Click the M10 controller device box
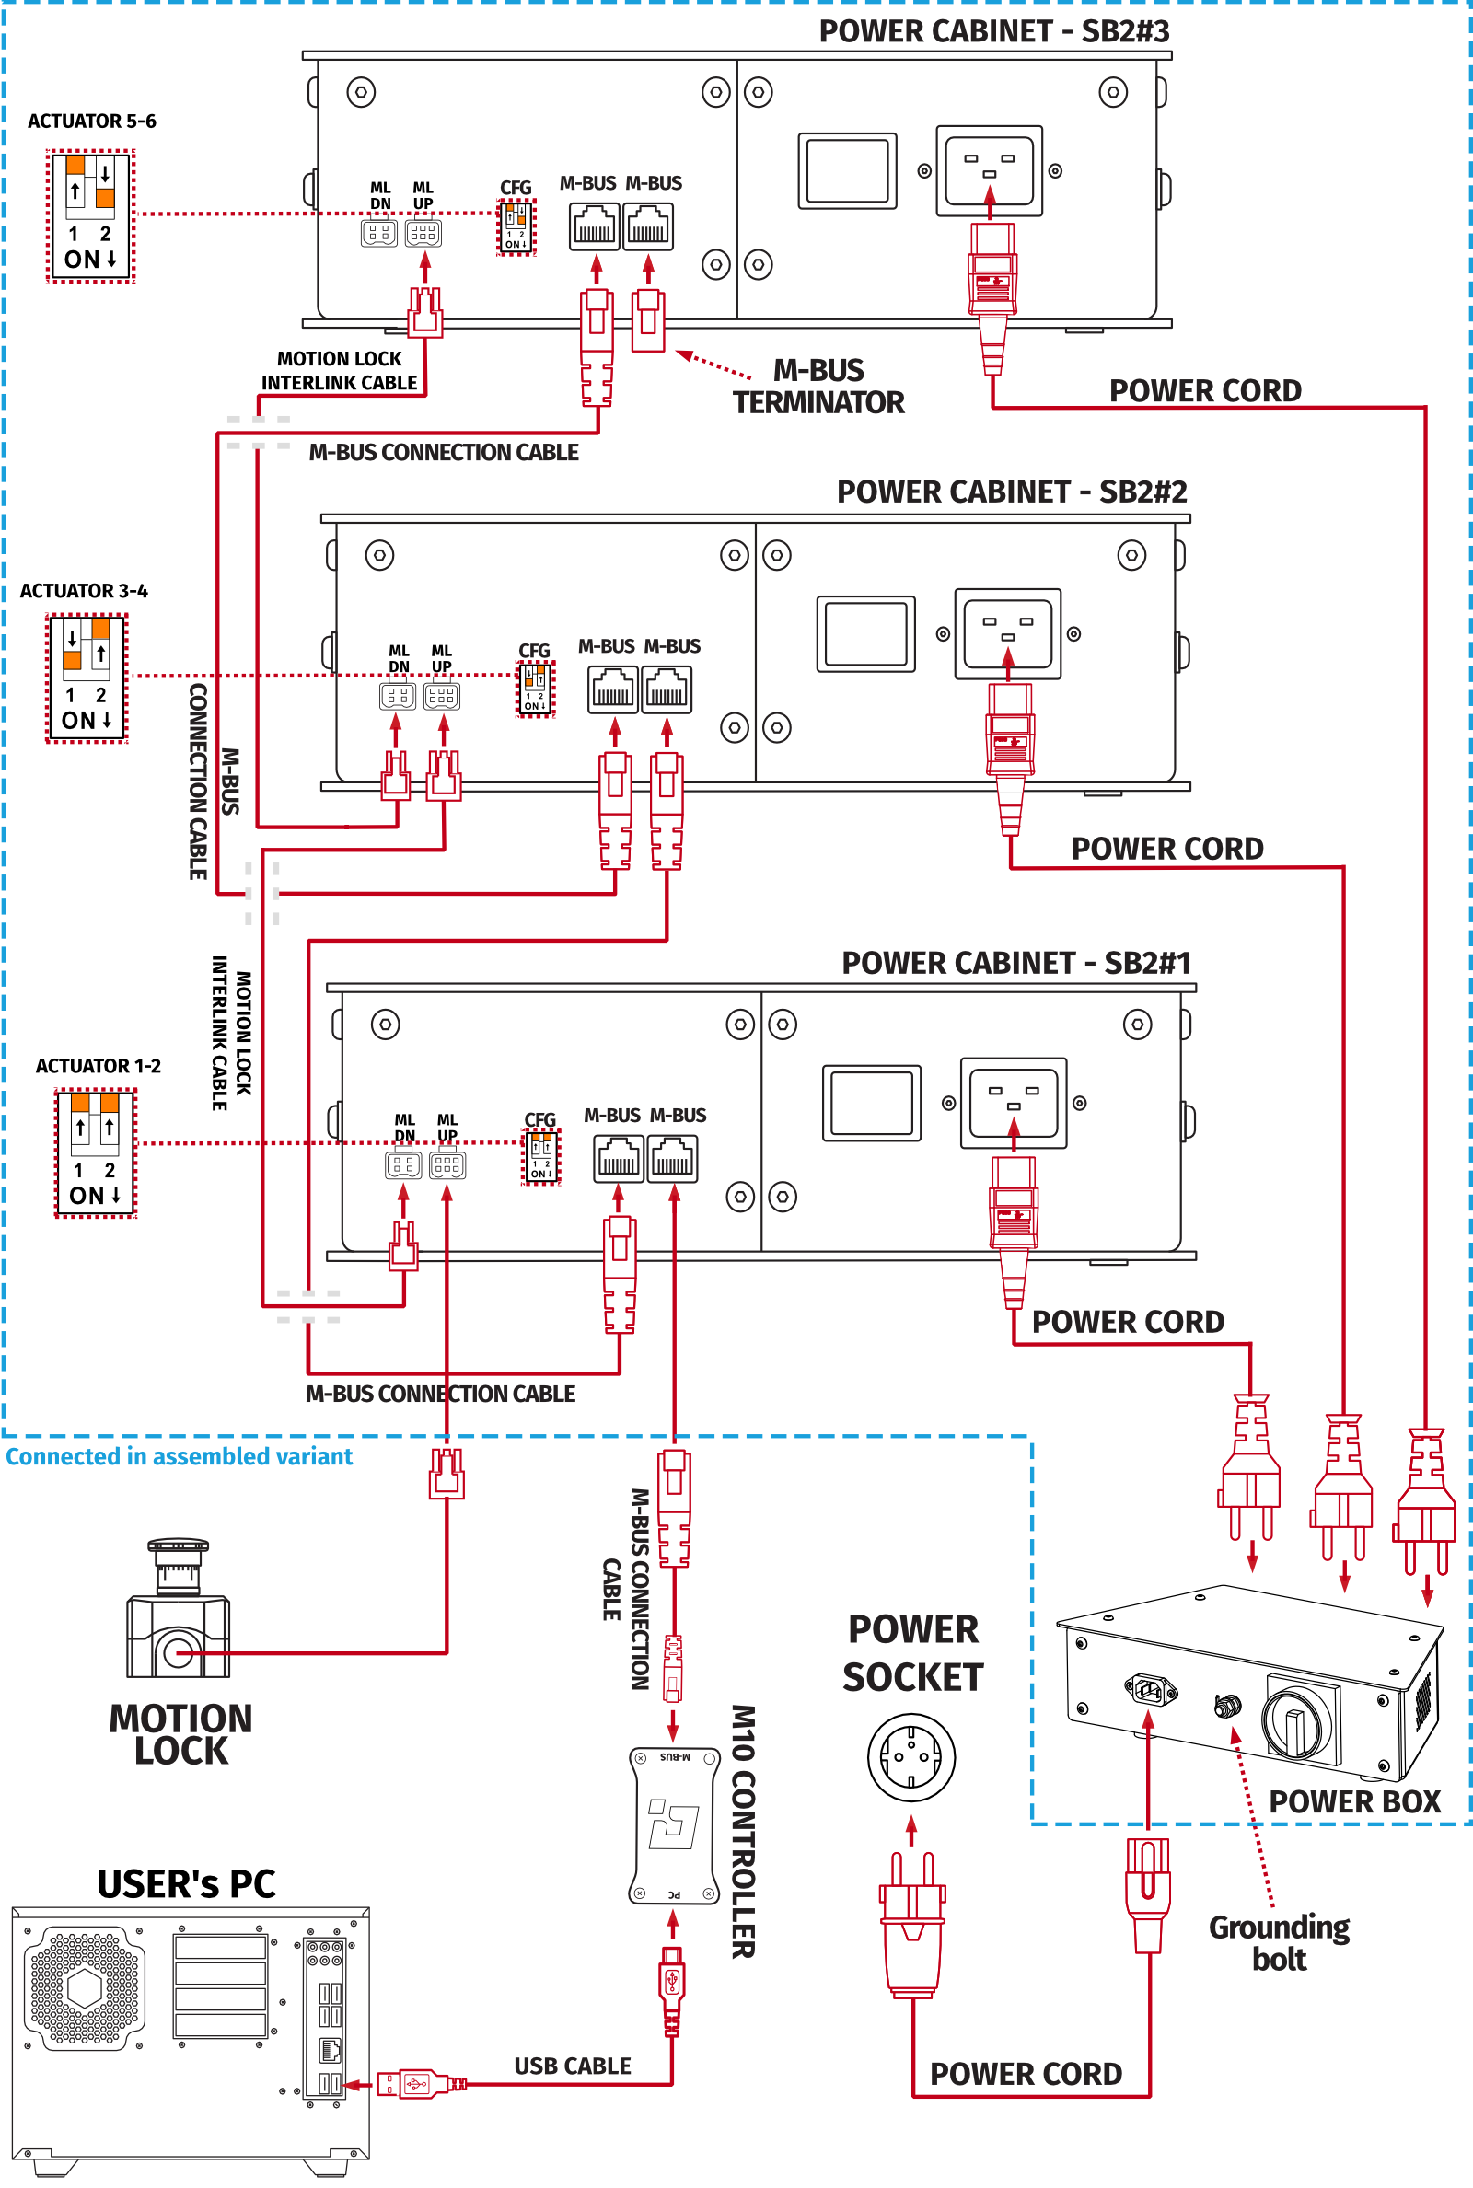point(674,1824)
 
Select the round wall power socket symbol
point(910,1757)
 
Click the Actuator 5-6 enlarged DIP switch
point(91,216)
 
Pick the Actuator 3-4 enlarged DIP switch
point(87,677)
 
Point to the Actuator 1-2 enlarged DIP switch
point(95,1152)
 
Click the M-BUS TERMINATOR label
point(818,386)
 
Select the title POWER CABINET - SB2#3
point(993,31)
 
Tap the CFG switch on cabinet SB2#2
point(535,689)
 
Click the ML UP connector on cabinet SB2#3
point(423,233)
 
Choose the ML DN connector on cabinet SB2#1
point(403,1165)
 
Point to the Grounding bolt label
point(1279,1943)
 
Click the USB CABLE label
point(572,2066)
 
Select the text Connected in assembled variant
point(180,1456)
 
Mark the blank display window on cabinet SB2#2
point(865,633)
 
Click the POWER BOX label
point(1353,1801)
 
